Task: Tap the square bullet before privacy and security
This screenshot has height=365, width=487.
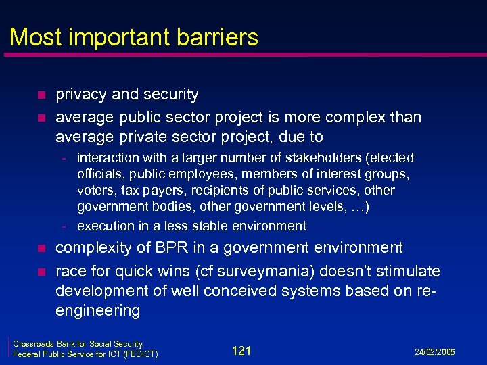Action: click(x=41, y=95)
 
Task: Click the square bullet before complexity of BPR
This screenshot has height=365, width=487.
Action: click(x=41, y=249)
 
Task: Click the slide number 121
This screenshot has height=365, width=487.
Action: click(x=241, y=350)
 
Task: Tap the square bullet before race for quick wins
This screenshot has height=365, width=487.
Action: click(x=41, y=272)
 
